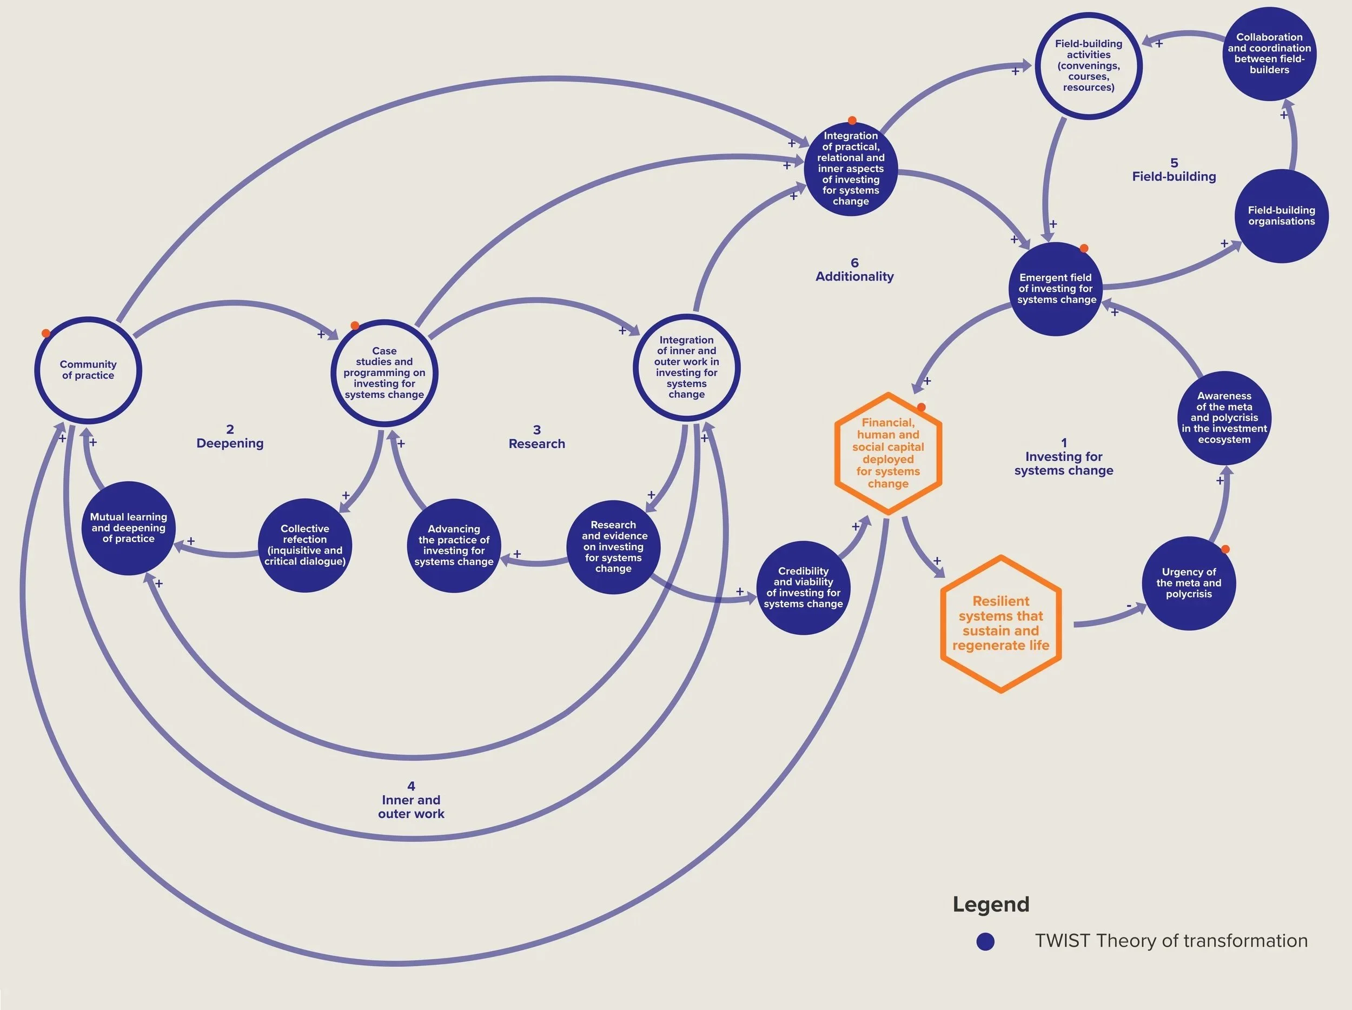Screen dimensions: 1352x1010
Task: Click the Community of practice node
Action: pos(88,370)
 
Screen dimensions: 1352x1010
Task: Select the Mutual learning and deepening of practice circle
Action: pos(128,528)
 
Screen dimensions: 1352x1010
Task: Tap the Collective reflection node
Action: pos(305,545)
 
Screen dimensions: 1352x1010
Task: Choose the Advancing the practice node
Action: pos(454,546)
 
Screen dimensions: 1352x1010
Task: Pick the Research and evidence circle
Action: pos(614,547)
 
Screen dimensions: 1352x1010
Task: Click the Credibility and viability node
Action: pos(803,587)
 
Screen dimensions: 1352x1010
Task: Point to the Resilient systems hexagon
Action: pos(1000,624)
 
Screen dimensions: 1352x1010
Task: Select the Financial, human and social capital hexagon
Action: pos(888,453)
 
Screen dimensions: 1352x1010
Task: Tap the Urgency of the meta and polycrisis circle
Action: pos(1188,583)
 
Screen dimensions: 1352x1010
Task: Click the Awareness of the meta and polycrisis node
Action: pos(1224,418)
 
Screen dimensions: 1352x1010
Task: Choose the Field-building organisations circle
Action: pos(1281,216)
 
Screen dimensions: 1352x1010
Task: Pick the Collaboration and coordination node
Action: pos(1269,54)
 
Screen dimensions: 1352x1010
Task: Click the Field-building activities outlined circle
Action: pos(1089,65)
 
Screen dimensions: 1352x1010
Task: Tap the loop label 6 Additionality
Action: pos(854,270)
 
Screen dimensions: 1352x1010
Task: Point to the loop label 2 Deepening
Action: pos(230,437)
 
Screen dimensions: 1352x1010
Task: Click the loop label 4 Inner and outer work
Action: pos(410,800)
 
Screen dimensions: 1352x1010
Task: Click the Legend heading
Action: pos(991,904)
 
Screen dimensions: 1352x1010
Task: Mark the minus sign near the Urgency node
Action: pos(1128,606)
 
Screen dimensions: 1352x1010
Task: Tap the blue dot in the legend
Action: pos(985,941)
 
